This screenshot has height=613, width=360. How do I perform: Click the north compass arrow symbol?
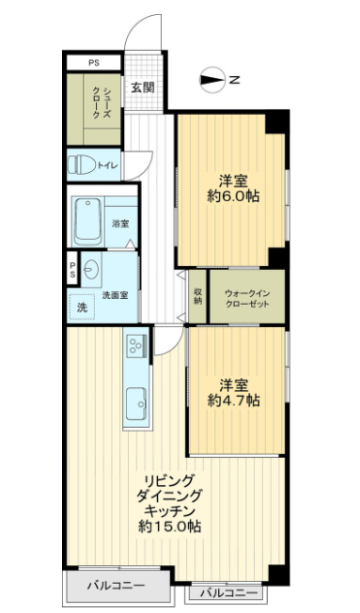(212, 80)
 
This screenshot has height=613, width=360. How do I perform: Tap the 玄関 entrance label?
(142, 87)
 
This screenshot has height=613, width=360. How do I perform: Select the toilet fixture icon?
(82, 165)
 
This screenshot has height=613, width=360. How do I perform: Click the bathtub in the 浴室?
(88, 222)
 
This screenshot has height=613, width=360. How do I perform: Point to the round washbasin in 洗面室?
(91, 270)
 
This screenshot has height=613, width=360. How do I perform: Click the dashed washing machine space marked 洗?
(82, 307)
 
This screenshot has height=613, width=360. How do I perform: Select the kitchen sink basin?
(136, 403)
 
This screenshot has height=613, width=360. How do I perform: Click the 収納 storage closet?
(197, 297)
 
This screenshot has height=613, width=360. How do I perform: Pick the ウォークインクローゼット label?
(247, 299)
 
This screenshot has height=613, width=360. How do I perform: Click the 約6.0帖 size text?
(233, 196)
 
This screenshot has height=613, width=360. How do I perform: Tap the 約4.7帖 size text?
(233, 400)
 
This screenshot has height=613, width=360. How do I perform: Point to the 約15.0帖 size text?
(170, 527)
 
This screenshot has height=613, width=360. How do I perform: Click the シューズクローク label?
(102, 103)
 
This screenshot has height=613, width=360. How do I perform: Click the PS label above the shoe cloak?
(94, 63)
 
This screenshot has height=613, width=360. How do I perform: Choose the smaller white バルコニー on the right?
(229, 593)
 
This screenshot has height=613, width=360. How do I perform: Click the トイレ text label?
(107, 165)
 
